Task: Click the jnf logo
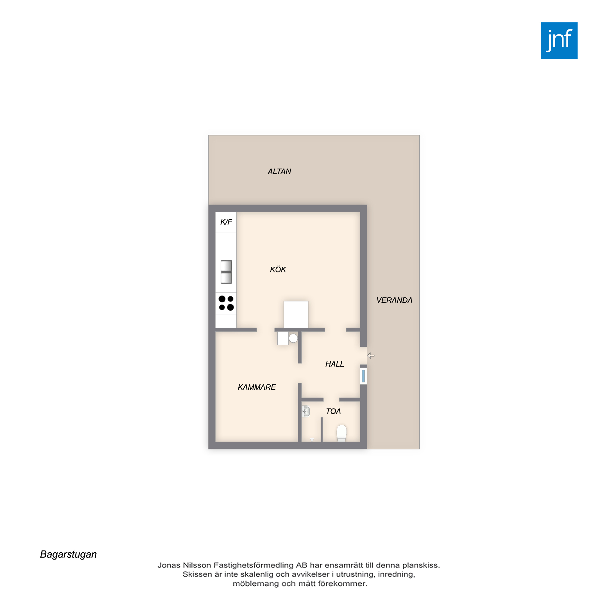(559, 41)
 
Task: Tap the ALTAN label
(279, 171)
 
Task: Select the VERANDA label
(394, 300)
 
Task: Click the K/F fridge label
(226, 222)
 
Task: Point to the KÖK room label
(278, 269)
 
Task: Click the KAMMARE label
(257, 387)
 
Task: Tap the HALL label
(335, 364)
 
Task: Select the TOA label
(334, 411)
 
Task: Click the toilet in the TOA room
(342, 433)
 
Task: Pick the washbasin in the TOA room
(306, 411)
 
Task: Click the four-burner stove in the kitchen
(226, 303)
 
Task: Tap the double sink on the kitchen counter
(226, 272)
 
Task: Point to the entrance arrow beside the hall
(371, 355)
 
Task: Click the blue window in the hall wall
(363, 376)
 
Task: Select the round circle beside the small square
(293, 338)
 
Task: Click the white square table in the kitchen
(296, 315)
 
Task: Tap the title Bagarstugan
(69, 554)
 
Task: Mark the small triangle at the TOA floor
(312, 440)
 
